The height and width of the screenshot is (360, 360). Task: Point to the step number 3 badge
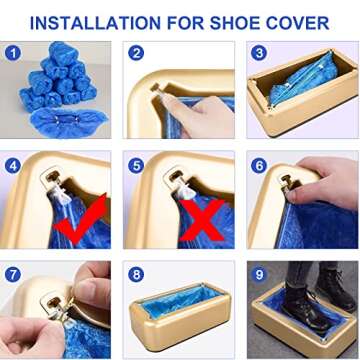pyautogui.click(x=259, y=54)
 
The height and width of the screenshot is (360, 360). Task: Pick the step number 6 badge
pyautogui.click(x=259, y=166)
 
